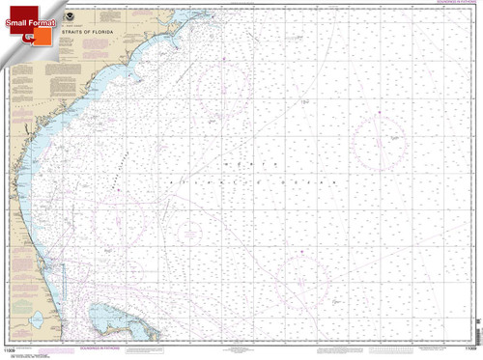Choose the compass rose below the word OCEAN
tap(303, 280)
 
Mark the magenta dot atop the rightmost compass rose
tap(380, 114)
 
